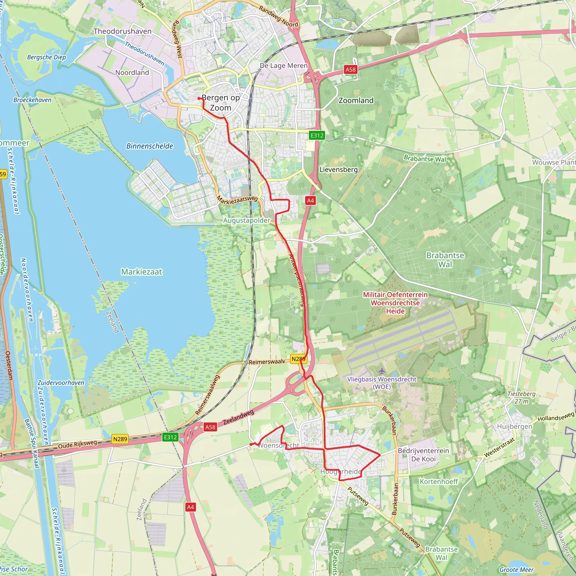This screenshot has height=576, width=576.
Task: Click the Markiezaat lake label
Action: click(x=142, y=272)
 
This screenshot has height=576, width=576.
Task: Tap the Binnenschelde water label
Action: click(x=150, y=146)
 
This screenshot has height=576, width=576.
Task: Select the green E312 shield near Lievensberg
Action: click(x=317, y=135)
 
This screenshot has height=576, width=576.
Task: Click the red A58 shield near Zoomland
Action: click(x=350, y=69)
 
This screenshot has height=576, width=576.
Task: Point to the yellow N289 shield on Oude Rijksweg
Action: click(x=120, y=439)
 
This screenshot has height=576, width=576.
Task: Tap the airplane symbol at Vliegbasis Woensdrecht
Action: click(x=382, y=371)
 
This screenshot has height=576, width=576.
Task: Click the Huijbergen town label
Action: click(x=514, y=426)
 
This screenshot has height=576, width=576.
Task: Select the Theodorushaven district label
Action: click(x=123, y=31)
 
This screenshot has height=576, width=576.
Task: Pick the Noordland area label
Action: click(x=132, y=73)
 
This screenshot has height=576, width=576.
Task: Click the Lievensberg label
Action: click(x=338, y=170)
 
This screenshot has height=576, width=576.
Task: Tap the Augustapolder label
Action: click(x=247, y=220)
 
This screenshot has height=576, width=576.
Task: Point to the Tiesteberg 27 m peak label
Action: click(x=521, y=397)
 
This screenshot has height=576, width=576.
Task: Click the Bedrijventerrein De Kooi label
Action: click(x=423, y=455)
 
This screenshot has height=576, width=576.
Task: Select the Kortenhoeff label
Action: click(x=438, y=481)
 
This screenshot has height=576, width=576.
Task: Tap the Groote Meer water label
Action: click(x=516, y=570)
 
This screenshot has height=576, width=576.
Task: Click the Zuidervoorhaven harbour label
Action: click(x=61, y=382)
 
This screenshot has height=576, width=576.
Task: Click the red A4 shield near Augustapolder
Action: click(x=310, y=200)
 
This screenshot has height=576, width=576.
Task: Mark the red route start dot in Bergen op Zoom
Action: click(x=199, y=98)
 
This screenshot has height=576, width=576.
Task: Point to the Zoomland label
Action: click(x=356, y=100)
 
